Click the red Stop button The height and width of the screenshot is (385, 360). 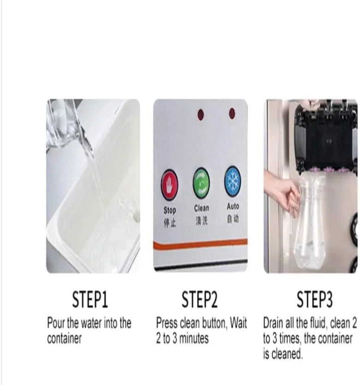coord(169,184)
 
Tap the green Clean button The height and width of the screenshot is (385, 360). coord(201,183)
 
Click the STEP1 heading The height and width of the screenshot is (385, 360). coord(90,299)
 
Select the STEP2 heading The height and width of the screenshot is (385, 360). coord(200,299)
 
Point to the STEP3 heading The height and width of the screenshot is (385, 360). coord(315,299)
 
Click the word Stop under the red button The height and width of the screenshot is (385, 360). coord(170,210)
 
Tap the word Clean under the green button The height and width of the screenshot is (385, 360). coord(201,208)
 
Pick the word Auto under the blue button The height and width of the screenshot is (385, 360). coord(233,207)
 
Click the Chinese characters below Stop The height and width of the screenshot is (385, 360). coord(170,223)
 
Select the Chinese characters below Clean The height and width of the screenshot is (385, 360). coord(201,221)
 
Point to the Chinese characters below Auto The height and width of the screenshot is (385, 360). coord(233,219)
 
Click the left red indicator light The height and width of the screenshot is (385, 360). coord(201,115)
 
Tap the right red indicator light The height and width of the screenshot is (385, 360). coord(232,113)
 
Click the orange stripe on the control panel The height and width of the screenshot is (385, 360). coord(200,244)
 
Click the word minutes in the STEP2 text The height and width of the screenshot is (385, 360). coord(194,338)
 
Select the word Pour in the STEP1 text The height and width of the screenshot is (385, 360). coord(55,323)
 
